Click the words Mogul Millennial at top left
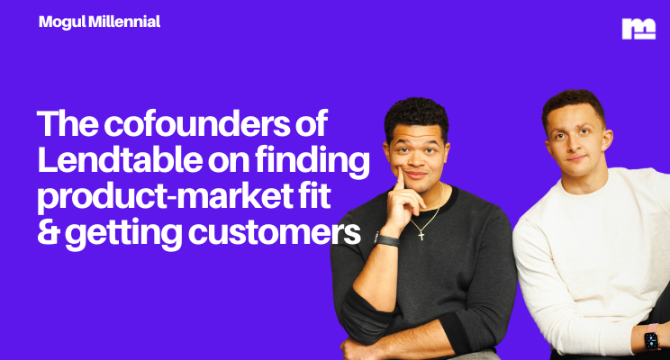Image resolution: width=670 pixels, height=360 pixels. [x=99, y=22]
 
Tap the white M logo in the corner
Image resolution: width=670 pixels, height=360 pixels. [x=638, y=29]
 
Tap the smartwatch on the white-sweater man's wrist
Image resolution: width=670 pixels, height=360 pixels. [x=650, y=341]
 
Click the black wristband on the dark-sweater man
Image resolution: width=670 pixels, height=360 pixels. [x=387, y=239]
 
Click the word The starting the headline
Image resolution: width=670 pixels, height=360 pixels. [x=69, y=123]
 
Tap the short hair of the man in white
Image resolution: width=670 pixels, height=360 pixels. [x=573, y=100]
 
